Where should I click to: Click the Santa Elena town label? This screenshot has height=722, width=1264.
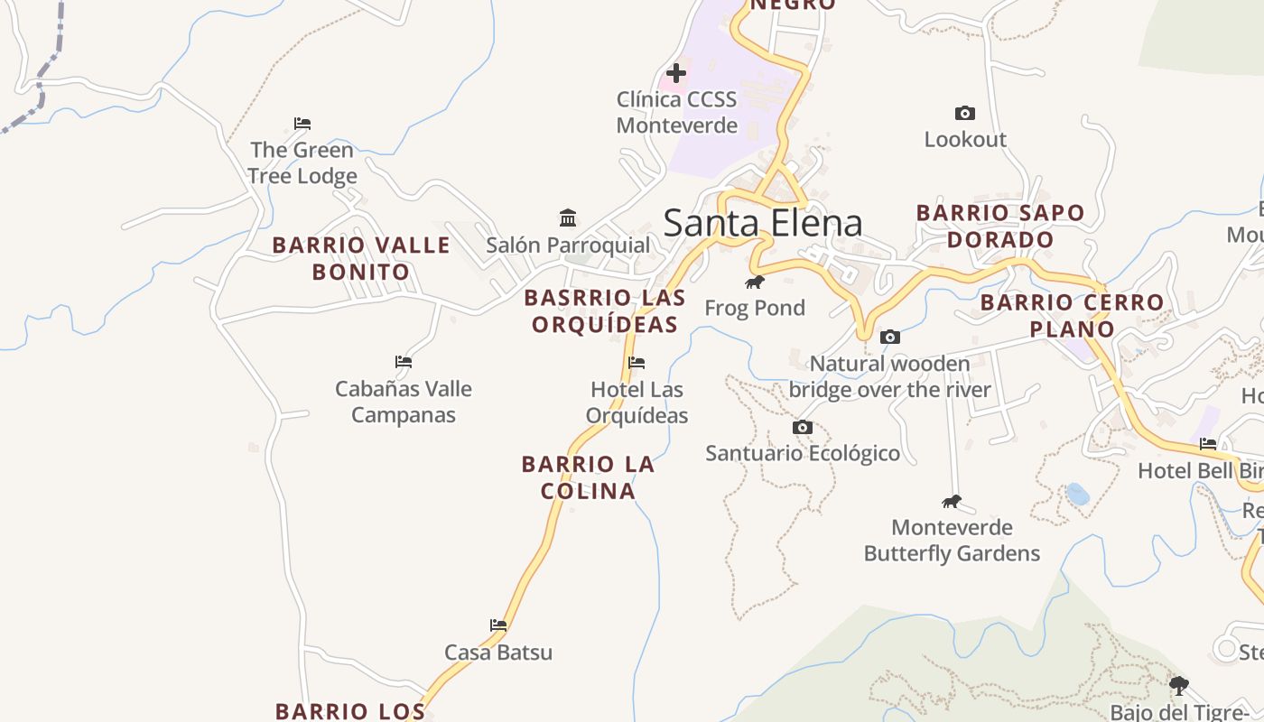(763, 223)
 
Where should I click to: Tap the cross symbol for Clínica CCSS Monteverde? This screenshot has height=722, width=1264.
(675, 73)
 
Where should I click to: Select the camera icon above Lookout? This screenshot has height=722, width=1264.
(965, 114)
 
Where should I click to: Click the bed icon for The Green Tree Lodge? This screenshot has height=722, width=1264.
(302, 124)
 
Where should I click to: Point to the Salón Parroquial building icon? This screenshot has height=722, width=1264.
(568, 218)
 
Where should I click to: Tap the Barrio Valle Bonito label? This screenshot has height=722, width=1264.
(361, 258)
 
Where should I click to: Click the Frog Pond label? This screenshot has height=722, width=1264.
(755, 308)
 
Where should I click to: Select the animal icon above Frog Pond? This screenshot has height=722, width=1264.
(755, 282)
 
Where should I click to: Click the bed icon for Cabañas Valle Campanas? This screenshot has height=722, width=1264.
(404, 362)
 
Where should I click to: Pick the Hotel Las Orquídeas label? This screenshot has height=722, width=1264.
(637, 403)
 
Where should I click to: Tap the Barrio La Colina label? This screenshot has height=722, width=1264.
(588, 477)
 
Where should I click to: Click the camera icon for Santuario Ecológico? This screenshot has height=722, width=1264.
(803, 428)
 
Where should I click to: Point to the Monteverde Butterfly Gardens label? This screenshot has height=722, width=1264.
(952, 540)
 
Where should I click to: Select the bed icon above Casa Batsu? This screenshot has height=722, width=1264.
(498, 625)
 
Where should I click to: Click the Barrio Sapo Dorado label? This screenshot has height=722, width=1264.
(1000, 226)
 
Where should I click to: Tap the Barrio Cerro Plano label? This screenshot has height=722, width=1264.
(1073, 315)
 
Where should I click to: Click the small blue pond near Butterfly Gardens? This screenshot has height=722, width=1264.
(1077, 494)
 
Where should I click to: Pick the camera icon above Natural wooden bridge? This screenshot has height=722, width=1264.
(890, 338)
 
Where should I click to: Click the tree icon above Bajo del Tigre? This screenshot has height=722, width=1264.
(1179, 685)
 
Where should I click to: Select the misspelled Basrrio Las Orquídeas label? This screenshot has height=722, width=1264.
(605, 310)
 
